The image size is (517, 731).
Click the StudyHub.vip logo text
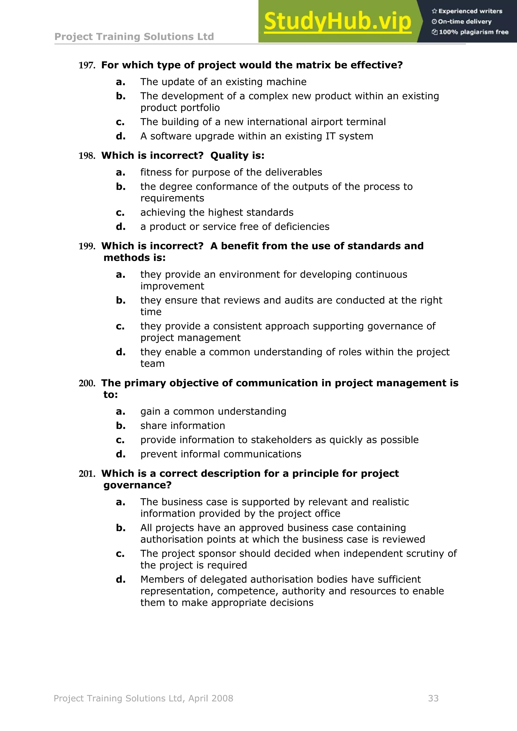[338, 21]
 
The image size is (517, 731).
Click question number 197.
[87, 66]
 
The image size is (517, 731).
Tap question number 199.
[87, 246]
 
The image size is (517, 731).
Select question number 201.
[87, 474]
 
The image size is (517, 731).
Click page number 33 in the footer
[433, 698]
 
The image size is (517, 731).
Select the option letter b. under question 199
[120, 300]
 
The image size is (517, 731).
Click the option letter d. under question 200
[120, 454]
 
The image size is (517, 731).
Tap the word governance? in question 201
[137, 485]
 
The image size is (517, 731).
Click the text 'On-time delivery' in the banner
[464, 22]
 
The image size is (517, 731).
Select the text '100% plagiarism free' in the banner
[473, 32]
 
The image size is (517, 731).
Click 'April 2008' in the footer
[211, 698]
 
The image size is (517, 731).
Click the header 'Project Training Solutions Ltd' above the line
[134, 37]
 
